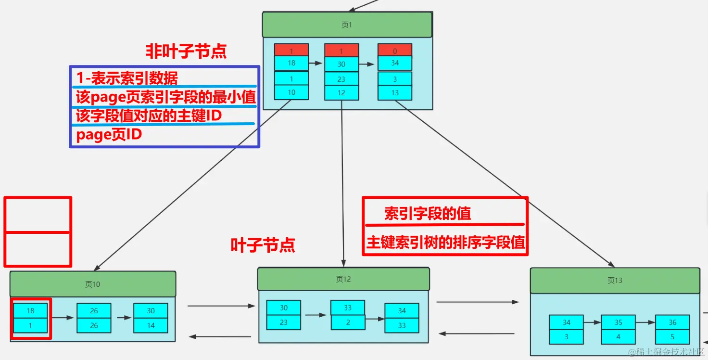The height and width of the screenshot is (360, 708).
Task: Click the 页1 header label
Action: (347, 25)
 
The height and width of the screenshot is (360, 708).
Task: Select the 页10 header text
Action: (92, 284)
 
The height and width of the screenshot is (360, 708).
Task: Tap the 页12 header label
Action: (343, 279)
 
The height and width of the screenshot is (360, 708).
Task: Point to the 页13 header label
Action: (615, 280)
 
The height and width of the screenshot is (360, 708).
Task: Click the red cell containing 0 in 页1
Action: (395, 51)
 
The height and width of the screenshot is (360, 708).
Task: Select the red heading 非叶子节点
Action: (186, 51)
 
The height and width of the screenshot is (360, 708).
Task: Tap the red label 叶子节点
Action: (263, 245)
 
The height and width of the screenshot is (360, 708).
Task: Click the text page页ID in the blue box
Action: (109, 135)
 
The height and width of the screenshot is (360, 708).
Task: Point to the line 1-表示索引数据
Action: (127, 78)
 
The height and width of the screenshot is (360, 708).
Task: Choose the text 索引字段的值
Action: (428, 214)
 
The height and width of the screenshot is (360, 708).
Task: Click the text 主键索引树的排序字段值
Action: (445, 242)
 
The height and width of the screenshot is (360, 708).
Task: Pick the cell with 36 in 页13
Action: (672, 322)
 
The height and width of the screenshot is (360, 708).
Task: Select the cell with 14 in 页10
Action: (151, 325)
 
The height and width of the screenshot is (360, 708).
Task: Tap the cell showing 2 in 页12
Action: (348, 322)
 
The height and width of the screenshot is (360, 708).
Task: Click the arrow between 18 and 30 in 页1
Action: (316, 63)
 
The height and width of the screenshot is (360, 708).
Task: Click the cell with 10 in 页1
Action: (291, 92)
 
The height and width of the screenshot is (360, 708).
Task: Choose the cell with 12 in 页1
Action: (341, 93)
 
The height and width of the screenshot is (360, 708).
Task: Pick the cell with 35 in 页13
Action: (618, 322)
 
